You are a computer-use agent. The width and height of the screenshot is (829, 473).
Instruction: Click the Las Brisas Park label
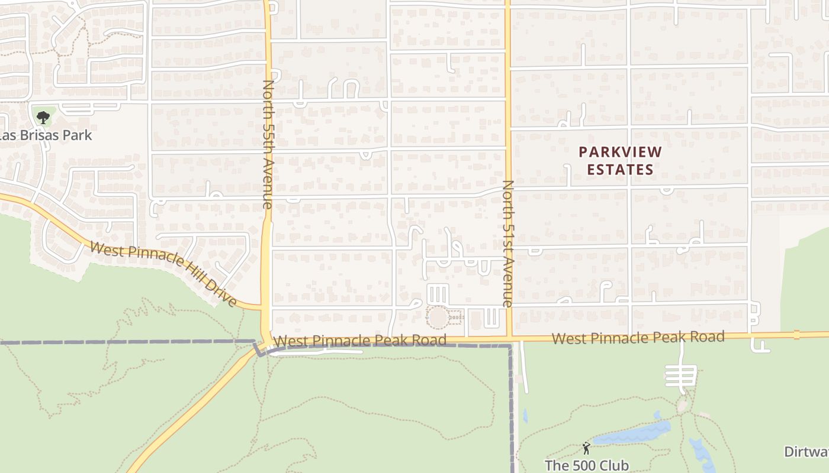pyautogui.click(x=46, y=135)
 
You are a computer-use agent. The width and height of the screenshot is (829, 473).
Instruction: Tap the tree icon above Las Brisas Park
pyautogui.click(x=43, y=116)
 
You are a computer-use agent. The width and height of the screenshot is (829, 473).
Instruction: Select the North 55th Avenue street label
pyautogui.click(x=268, y=144)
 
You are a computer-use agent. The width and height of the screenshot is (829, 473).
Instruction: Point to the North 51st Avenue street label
pyautogui.click(x=507, y=243)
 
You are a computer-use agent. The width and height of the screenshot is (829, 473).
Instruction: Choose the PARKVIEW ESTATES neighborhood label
pyautogui.click(x=620, y=161)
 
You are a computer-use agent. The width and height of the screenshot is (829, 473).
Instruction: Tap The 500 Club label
pyautogui.click(x=586, y=465)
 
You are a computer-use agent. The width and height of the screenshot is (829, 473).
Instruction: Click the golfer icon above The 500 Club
pyautogui.click(x=586, y=448)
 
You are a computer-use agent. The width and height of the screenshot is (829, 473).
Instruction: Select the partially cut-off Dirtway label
pyautogui.click(x=806, y=452)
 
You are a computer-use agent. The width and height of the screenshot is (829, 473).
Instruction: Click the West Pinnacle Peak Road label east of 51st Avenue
pyautogui.click(x=638, y=338)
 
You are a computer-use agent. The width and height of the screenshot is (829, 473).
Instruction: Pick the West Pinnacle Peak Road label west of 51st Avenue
pyautogui.click(x=360, y=341)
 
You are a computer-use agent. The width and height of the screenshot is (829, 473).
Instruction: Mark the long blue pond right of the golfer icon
pyautogui.click(x=632, y=433)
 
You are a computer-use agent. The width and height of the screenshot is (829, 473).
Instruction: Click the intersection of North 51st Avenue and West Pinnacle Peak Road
pyautogui.click(x=508, y=339)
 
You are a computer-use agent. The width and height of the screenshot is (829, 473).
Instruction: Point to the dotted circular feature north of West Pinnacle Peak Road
pyautogui.click(x=438, y=318)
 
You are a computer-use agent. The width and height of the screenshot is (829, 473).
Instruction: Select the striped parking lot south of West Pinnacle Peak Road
pyautogui.click(x=681, y=374)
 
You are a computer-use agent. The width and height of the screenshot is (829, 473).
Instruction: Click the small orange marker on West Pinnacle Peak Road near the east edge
pyautogui.click(x=796, y=335)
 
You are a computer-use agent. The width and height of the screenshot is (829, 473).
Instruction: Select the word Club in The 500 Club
pyautogui.click(x=610, y=465)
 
